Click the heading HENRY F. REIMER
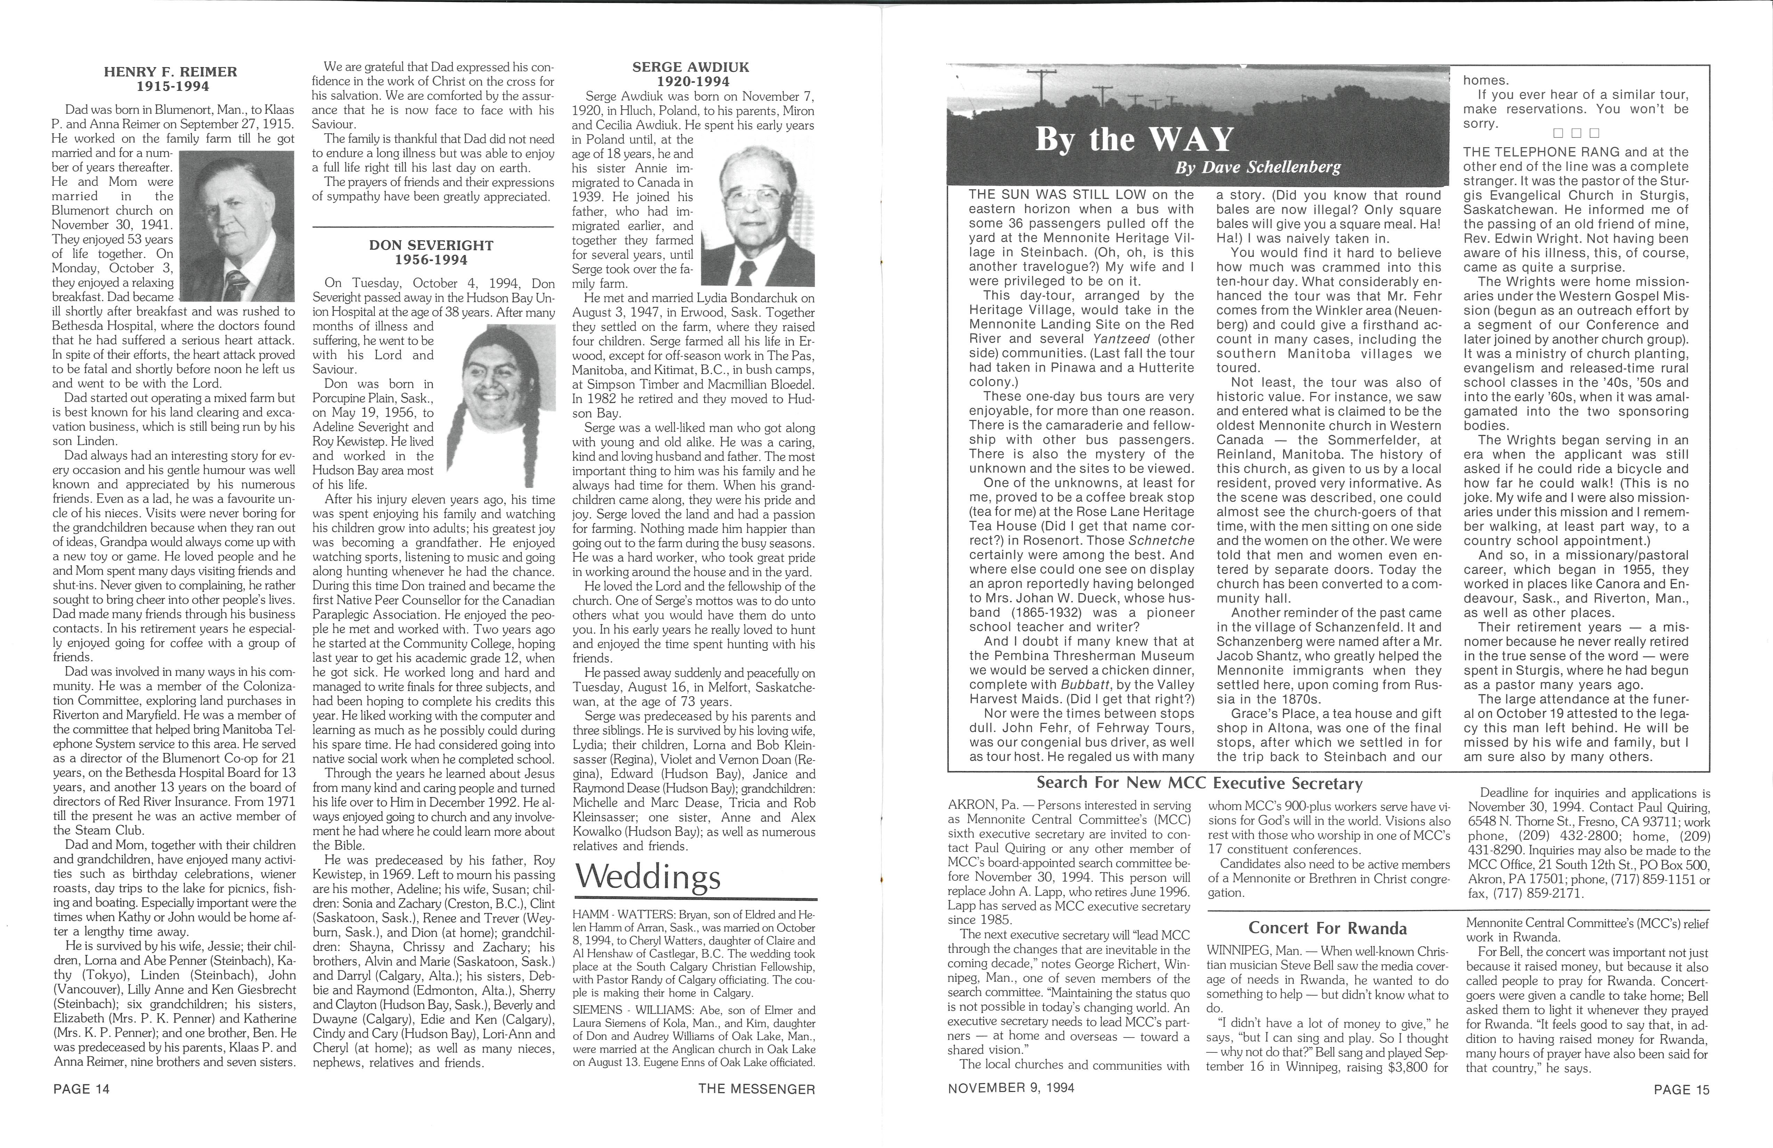[x=171, y=72]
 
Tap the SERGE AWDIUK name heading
[x=690, y=67]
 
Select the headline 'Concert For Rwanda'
[x=1328, y=928]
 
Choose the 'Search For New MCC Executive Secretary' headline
[x=1199, y=783]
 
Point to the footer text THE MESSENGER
[x=757, y=1089]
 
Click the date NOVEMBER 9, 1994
[x=1011, y=1087]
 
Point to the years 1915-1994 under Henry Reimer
[x=171, y=87]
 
